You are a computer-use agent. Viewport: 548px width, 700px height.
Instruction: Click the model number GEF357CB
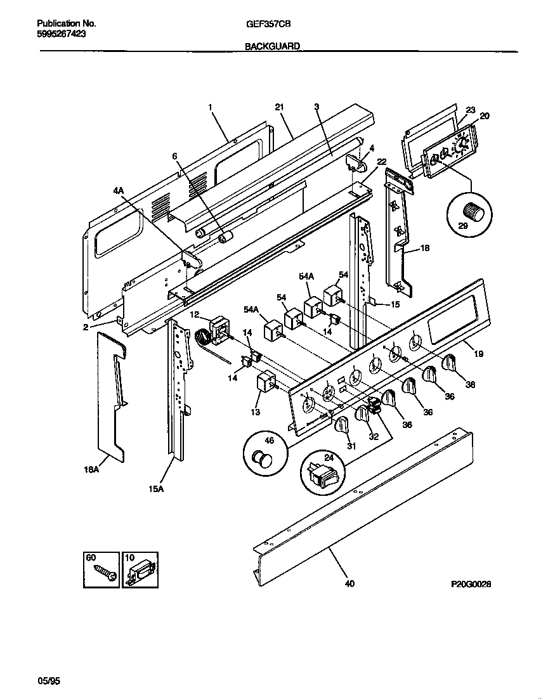tap(264, 23)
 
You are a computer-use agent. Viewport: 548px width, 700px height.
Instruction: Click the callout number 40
tap(349, 584)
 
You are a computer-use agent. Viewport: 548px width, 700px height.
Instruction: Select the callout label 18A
tap(92, 469)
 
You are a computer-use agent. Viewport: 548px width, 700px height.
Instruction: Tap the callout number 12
tap(194, 315)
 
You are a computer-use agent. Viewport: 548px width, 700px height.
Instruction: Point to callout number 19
tap(476, 353)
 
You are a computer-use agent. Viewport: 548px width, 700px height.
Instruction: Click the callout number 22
tap(381, 162)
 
